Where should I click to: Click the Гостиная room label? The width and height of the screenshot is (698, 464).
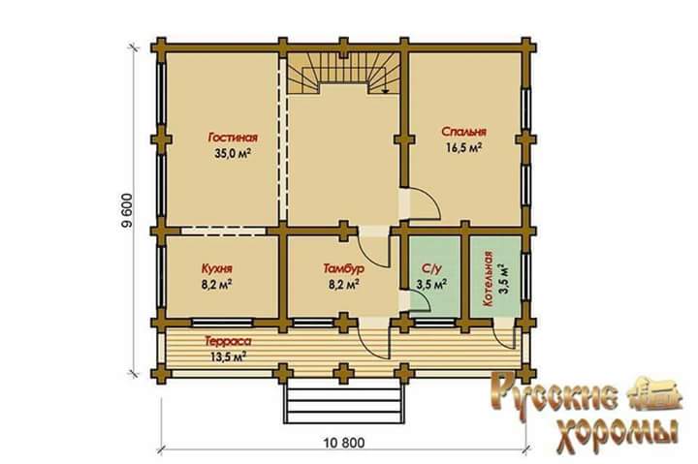(233, 138)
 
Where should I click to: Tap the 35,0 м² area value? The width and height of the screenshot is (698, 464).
(232, 153)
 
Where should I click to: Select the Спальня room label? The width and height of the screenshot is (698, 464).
(463, 132)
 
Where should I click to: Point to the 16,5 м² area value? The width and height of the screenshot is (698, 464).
(463, 147)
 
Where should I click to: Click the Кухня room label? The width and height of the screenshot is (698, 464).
(217, 268)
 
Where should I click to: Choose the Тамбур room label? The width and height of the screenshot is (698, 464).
(343, 268)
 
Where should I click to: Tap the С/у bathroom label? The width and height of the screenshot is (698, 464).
(431, 268)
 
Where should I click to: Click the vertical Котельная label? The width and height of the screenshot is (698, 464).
(488, 278)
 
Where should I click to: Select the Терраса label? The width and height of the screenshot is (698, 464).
(228, 341)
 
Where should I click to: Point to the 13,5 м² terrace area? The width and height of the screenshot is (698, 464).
(228, 356)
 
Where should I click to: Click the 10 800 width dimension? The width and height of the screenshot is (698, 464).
(344, 443)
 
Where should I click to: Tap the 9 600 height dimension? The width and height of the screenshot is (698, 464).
(127, 211)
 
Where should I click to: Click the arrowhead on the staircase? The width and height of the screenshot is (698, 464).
(386, 90)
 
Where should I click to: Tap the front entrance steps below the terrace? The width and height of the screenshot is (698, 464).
(344, 403)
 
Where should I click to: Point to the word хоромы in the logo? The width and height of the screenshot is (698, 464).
(618, 435)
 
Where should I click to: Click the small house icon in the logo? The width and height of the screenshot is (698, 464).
(654, 393)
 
